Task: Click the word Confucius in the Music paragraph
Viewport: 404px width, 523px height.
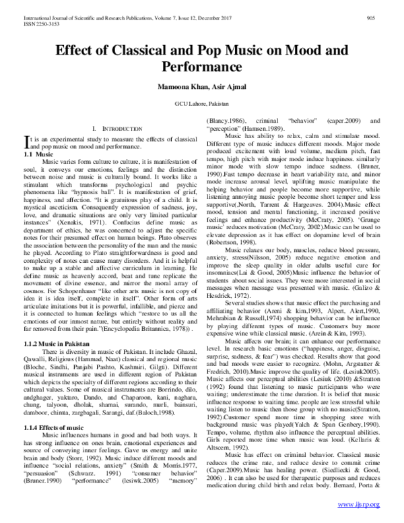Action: point(132,221)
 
